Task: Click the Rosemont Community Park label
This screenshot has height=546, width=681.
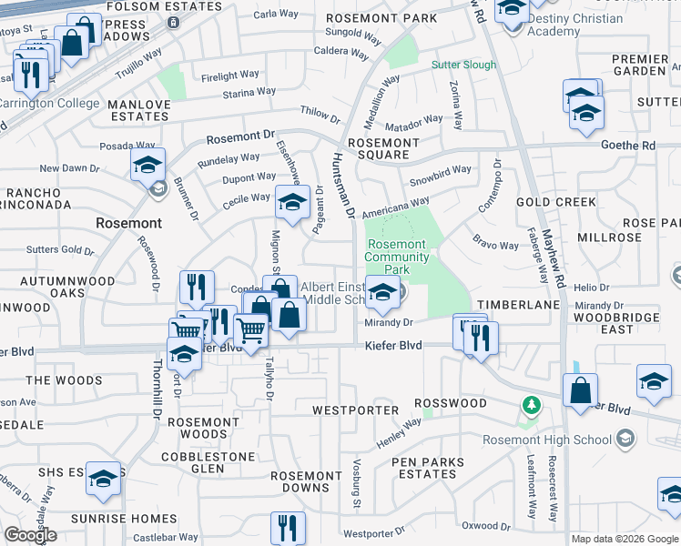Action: [396, 257]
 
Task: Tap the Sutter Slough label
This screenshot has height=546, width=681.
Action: [463, 66]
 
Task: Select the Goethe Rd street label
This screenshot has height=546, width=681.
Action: [628, 145]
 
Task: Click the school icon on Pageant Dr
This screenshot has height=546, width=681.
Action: [291, 204]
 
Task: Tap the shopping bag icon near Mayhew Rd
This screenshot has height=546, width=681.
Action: [580, 391]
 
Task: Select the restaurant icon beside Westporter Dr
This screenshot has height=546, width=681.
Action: [288, 527]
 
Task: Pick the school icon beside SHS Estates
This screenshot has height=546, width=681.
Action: [104, 479]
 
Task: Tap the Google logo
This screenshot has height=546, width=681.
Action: [30, 535]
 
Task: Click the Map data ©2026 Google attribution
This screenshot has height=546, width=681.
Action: [624, 539]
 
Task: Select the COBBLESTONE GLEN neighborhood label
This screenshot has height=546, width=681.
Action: [205, 461]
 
